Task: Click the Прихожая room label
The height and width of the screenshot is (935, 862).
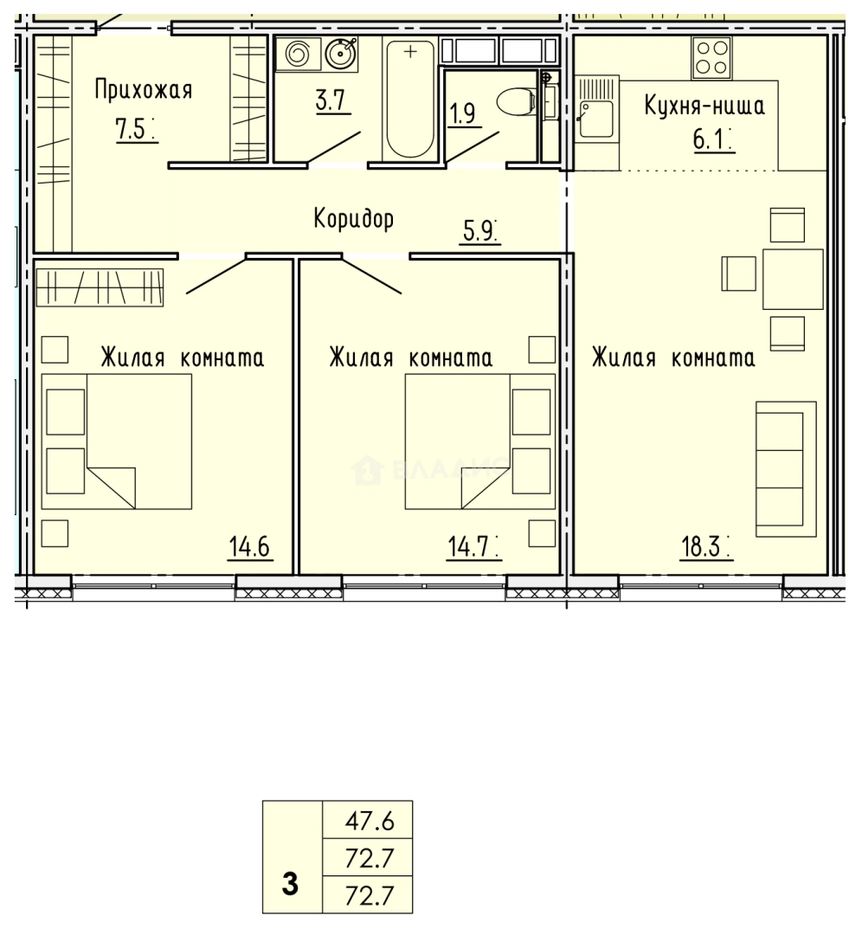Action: (x=143, y=90)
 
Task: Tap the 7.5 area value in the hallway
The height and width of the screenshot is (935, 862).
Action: (x=134, y=128)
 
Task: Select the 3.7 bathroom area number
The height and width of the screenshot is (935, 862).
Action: (x=330, y=101)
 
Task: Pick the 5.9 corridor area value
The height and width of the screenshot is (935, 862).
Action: (x=479, y=232)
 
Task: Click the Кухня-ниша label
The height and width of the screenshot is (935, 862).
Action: (x=704, y=107)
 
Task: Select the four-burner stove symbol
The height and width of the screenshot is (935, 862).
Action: (x=711, y=56)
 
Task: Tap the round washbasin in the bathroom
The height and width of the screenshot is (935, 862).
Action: (x=340, y=55)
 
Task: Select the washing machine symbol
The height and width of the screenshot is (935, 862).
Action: (x=297, y=55)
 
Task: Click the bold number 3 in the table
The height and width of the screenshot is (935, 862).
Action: (x=291, y=885)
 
